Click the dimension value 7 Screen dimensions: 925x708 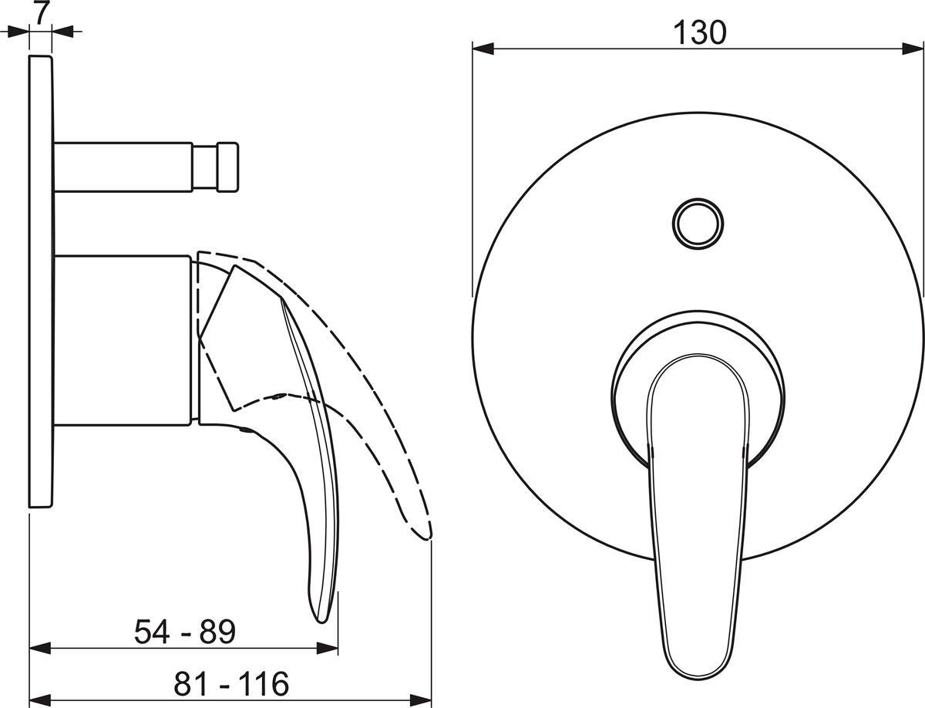42,13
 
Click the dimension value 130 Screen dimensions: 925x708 700,32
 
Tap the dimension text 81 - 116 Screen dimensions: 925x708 231,683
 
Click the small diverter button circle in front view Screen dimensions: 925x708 698,224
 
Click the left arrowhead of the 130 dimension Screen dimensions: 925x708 483,49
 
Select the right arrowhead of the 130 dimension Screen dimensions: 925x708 913,49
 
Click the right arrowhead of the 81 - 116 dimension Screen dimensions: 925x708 421,701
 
